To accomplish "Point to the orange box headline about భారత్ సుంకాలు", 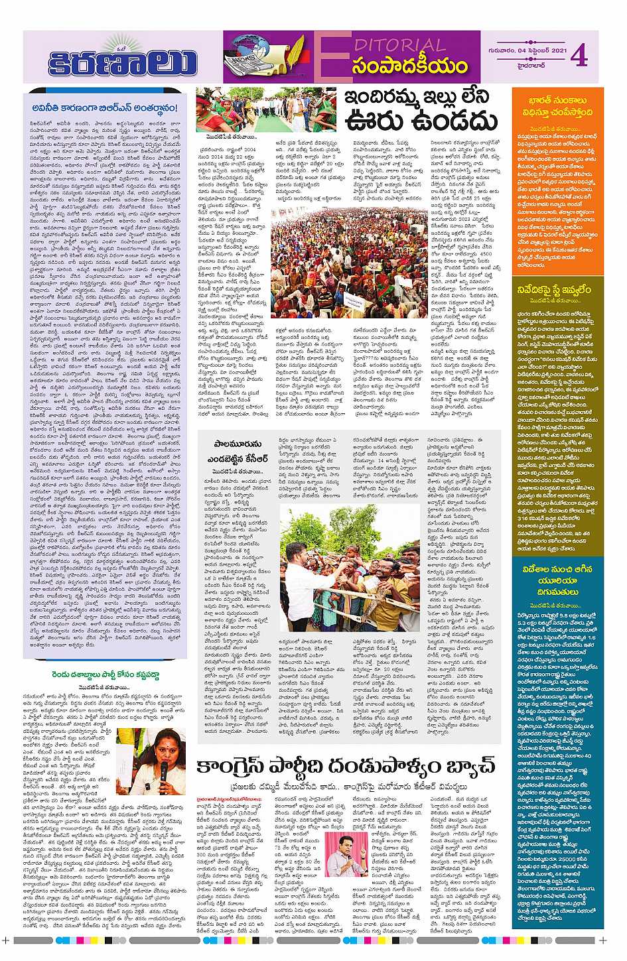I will click(557, 109).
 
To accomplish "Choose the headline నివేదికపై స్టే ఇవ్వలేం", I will click(557, 290).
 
